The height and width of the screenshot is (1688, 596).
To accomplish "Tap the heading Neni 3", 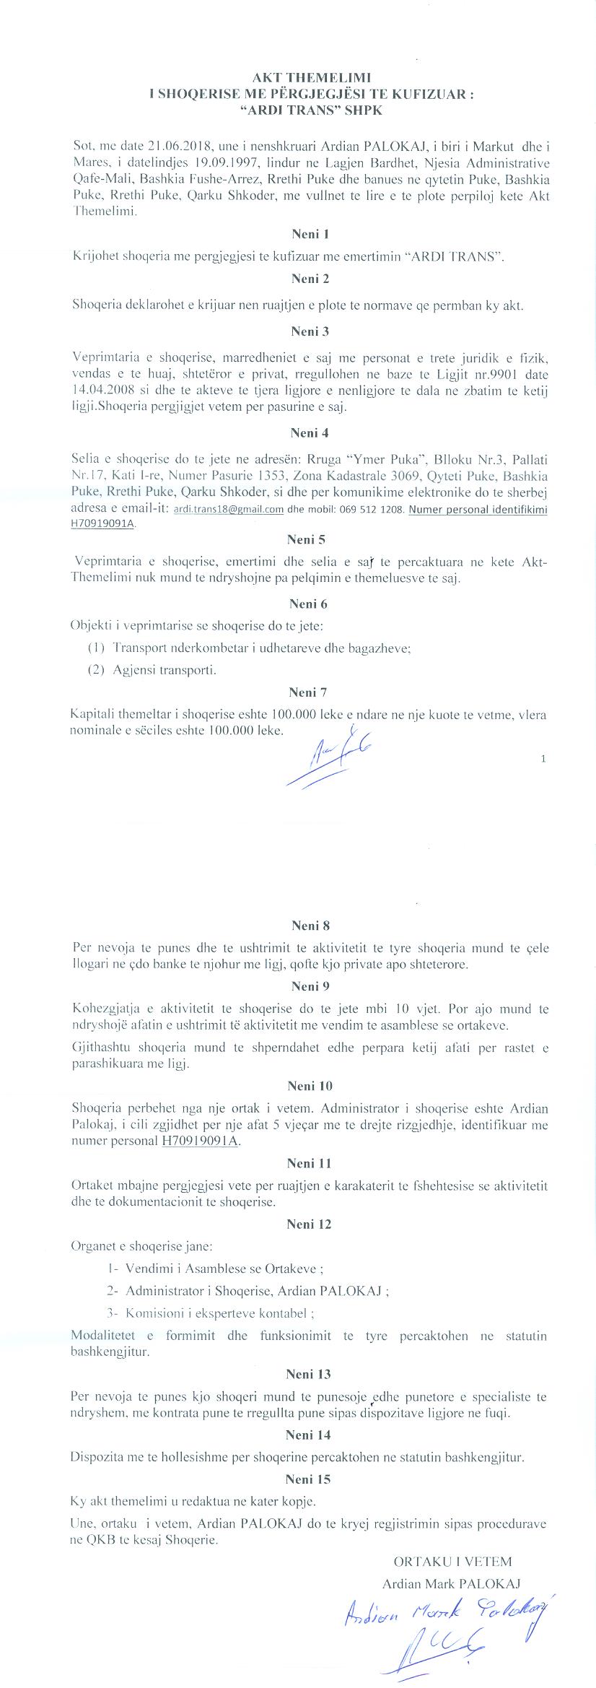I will click(x=310, y=332).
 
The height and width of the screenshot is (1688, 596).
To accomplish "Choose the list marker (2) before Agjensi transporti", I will click(x=97, y=670).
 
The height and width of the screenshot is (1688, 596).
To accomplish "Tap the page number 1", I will click(x=543, y=759).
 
